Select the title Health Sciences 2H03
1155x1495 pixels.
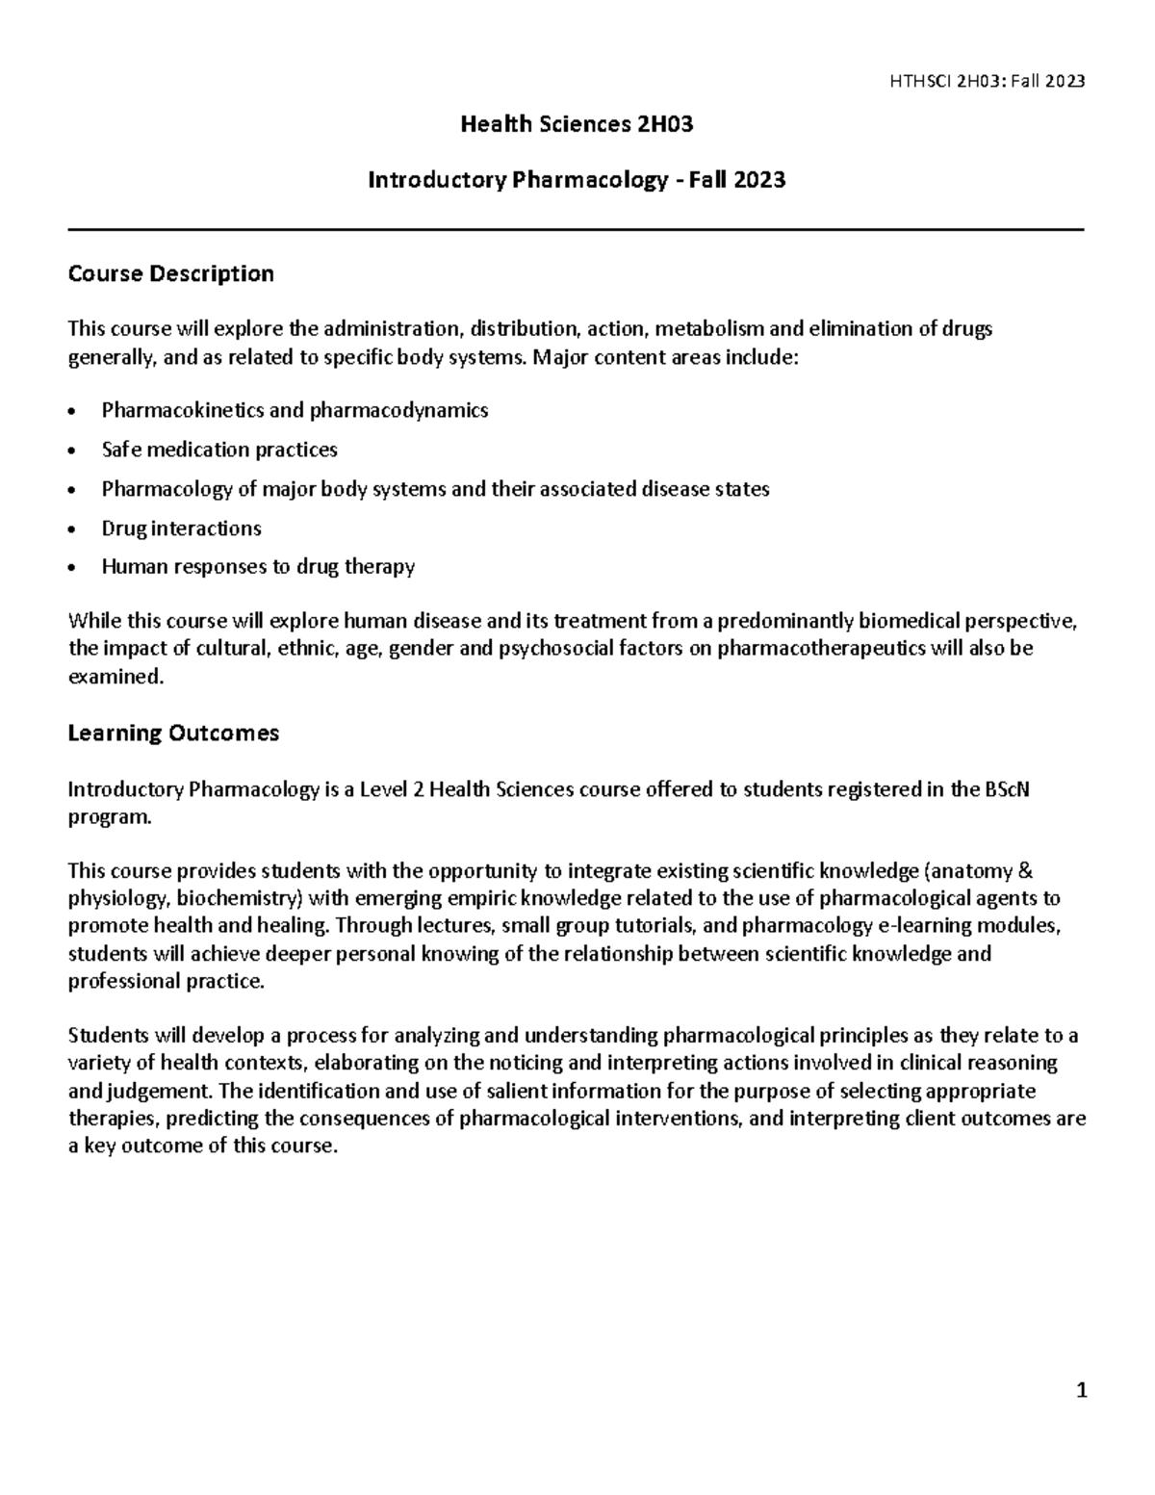pyautogui.click(x=577, y=124)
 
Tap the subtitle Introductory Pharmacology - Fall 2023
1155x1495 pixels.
pyautogui.click(x=577, y=180)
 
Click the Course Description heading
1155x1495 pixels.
pyautogui.click(x=170, y=274)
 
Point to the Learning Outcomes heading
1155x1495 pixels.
pyautogui.click(x=173, y=734)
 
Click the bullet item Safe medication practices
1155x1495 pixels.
pyautogui.click(x=219, y=450)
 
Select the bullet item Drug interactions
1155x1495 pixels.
pyautogui.click(x=181, y=528)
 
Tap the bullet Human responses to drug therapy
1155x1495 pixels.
pyautogui.click(x=258, y=567)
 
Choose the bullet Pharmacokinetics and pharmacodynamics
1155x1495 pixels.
pyautogui.click(x=295, y=410)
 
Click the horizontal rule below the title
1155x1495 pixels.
pyautogui.click(x=577, y=230)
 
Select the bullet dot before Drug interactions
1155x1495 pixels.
pyautogui.click(x=73, y=529)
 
